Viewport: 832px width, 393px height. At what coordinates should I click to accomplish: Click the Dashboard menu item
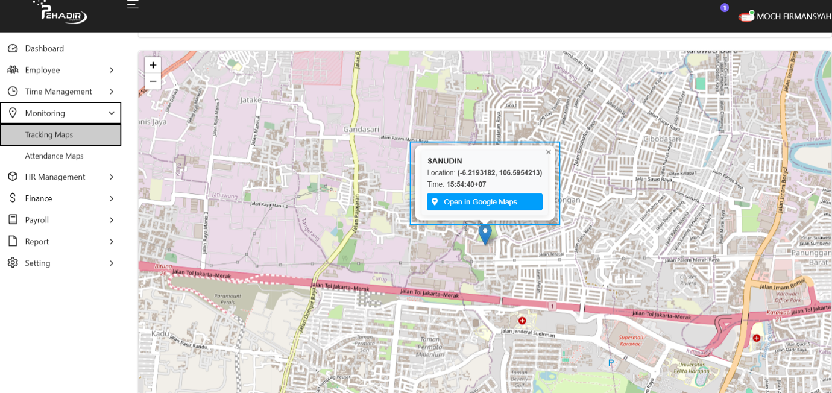[44, 48]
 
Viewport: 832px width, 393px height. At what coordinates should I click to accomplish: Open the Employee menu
[42, 70]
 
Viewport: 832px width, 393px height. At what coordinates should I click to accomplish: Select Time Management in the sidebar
[58, 92]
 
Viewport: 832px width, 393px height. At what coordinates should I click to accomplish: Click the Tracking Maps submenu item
[49, 135]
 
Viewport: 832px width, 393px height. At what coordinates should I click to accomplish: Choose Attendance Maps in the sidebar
[54, 156]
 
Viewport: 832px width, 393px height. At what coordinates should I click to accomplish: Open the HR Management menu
[55, 177]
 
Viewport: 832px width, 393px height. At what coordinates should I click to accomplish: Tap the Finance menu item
[39, 198]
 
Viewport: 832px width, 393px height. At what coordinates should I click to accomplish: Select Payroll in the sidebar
[37, 220]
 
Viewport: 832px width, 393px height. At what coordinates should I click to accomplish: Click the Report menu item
[37, 242]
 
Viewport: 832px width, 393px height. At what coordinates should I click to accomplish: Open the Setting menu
[37, 263]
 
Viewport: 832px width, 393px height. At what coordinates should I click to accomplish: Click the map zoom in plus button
[153, 65]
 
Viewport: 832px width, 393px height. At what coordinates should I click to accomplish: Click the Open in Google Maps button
[485, 202]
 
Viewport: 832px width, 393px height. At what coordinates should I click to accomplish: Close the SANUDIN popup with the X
[549, 152]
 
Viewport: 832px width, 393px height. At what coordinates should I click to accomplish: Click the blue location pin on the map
[485, 233]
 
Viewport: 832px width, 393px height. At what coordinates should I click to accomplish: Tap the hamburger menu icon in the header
[133, 5]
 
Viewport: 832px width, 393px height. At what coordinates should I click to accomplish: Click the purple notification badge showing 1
[725, 8]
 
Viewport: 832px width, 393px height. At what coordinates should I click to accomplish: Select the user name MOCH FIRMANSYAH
[793, 17]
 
